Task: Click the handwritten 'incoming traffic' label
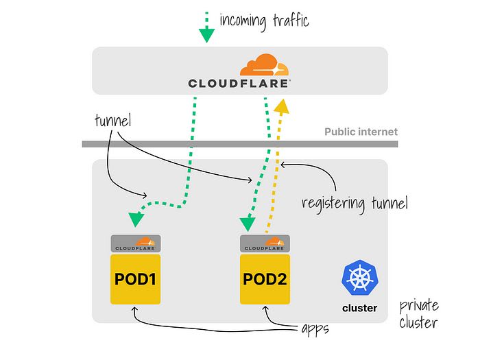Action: [264, 21]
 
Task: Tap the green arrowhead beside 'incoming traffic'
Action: [206, 35]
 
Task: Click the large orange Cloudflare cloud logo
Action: [264, 64]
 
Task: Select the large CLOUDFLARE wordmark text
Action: [239, 83]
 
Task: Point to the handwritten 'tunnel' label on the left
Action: [113, 120]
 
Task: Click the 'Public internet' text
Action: [361, 132]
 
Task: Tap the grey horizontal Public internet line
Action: [240, 144]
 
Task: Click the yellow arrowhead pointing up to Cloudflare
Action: [281, 106]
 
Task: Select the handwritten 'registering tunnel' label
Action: [355, 203]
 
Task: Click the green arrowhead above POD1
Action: [136, 219]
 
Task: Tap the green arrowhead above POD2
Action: [248, 224]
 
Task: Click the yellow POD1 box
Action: [135, 279]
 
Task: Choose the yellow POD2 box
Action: [265, 279]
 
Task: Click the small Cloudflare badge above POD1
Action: [136, 243]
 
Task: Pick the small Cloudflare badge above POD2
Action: [265, 243]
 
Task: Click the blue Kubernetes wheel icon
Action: [360, 277]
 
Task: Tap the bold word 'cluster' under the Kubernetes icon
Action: [360, 308]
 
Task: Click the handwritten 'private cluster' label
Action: [419, 314]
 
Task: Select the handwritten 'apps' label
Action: [315, 329]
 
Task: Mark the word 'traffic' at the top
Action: [291, 21]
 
